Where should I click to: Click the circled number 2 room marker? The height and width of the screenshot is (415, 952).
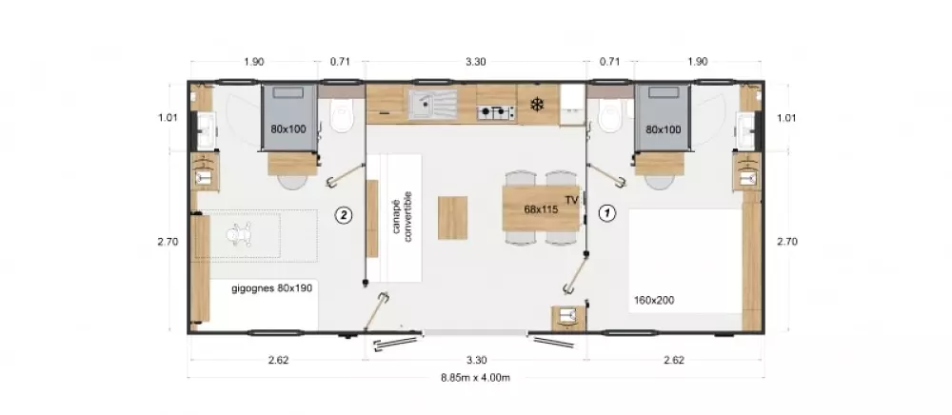click(x=345, y=214)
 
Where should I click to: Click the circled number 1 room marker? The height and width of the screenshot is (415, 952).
click(x=607, y=213)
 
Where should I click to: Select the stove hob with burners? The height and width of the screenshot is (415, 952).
click(x=496, y=112)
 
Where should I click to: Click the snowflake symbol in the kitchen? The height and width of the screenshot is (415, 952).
click(x=537, y=105)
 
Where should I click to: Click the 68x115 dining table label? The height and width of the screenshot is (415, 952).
click(x=541, y=209)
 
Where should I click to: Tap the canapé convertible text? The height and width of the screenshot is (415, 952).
click(x=402, y=217)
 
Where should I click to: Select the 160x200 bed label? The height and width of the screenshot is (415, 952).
click(x=654, y=300)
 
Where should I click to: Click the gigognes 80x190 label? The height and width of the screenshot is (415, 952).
click(x=272, y=288)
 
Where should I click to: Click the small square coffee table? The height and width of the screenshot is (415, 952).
click(x=453, y=218)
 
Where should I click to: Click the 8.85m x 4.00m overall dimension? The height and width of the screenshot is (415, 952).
click(x=475, y=377)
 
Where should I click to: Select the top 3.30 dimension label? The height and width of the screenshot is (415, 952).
click(x=475, y=61)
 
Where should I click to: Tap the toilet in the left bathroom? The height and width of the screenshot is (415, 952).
click(x=342, y=117)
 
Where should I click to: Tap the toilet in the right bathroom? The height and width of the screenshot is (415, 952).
click(x=609, y=117)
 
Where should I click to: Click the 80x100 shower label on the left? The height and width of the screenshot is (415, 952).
click(x=288, y=128)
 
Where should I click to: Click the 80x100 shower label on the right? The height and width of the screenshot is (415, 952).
click(x=663, y=129)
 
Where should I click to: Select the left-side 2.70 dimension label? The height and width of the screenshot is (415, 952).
click(x=168, y=242)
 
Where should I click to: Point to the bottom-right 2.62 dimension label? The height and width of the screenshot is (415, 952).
click(x=674, y=360)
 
